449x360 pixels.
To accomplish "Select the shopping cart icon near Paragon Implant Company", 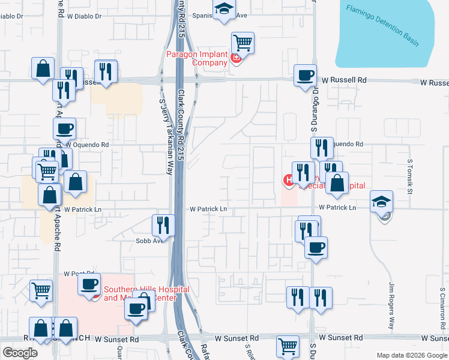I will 243,43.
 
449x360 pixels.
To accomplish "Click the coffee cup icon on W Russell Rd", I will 306,76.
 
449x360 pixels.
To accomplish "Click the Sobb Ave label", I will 149,241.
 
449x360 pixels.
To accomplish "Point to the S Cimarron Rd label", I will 440,306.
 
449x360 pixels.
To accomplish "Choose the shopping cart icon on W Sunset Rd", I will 288,346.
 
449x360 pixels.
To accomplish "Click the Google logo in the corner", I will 20,353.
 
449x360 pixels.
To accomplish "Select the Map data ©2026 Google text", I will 412,355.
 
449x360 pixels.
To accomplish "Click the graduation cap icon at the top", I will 224,8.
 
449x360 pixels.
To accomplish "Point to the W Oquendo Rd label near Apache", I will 86,145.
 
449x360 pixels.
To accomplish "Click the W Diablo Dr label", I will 84,16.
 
